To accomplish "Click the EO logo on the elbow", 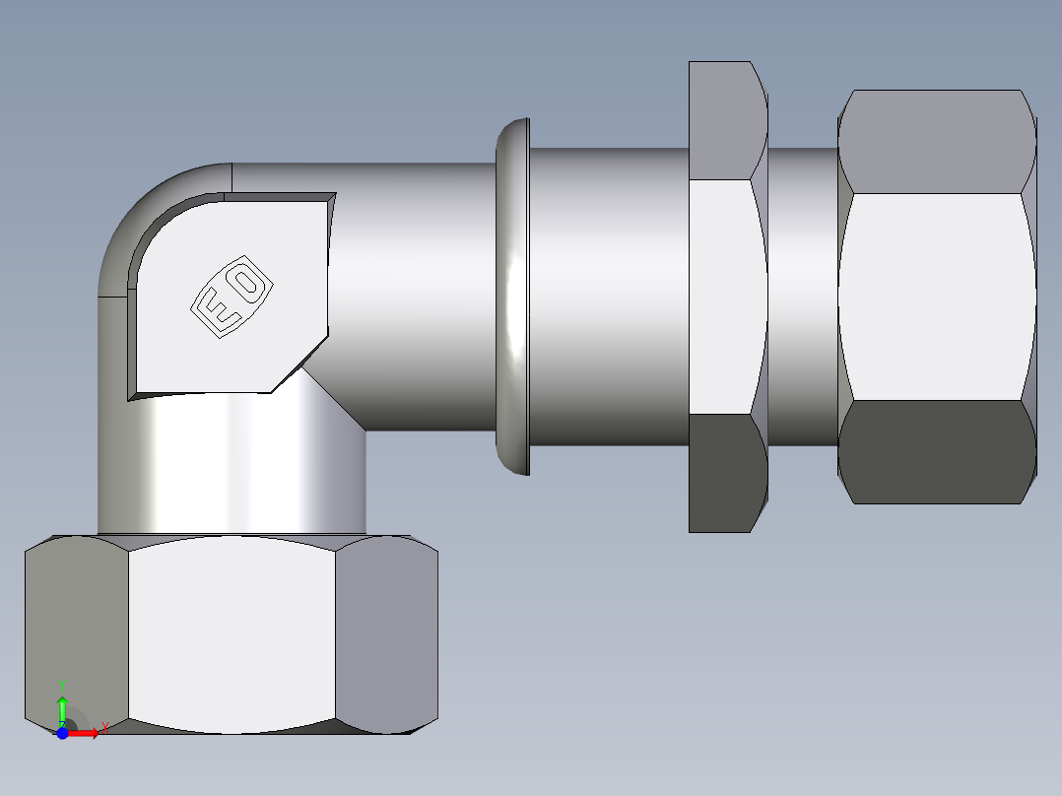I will click(x=231, y=298).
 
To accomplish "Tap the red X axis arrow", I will click(x=87, y=733).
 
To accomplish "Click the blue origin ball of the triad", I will click(x=62, y=733).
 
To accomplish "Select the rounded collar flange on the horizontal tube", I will click(x=512, y=296).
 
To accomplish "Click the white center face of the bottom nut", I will click(x=232, y=635).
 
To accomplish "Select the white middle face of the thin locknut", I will click(x=727, y=296).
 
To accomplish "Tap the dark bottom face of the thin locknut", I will click(x=727, y=473).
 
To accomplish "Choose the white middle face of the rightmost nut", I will click(x=936, y=296).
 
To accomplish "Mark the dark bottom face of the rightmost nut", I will click(x=936, y=453).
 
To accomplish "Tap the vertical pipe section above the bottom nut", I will click(x=232, y=463).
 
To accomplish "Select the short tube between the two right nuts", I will click(x=803, y=296).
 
